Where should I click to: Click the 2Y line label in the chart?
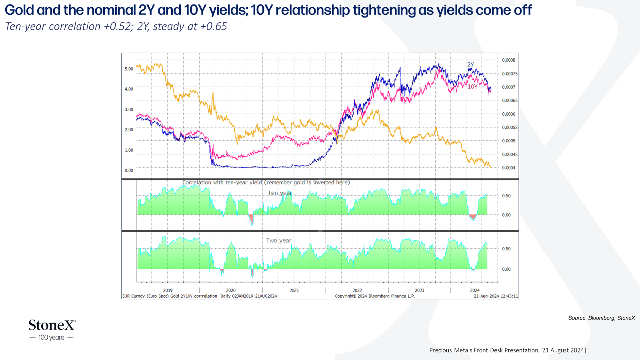click(x=470, y=64)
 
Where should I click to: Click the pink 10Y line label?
click(x=472, y=86)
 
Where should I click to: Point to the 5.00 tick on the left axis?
click(x=129, y=69)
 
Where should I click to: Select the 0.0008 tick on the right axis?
click(x=509, y=60)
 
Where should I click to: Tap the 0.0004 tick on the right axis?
click(x=509, y=168)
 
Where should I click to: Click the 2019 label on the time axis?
click(x=168, y=290)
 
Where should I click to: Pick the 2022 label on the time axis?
click(x=357, y=290)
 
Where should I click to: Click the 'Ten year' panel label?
click(x=280, y=193)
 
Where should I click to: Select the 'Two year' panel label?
click(x=278, y=240)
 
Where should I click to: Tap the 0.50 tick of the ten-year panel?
click(x=506, y=196)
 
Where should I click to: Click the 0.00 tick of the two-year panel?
click(x=506, y=269)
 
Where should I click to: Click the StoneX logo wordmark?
click(x=52, y=325)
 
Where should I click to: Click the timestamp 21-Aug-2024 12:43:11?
click(x=496, y=296)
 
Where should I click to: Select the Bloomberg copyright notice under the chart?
click(x=375, y=296)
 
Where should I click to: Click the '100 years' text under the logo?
click(x=52, y=338)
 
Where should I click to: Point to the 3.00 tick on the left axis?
click(x=129, y=110)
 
